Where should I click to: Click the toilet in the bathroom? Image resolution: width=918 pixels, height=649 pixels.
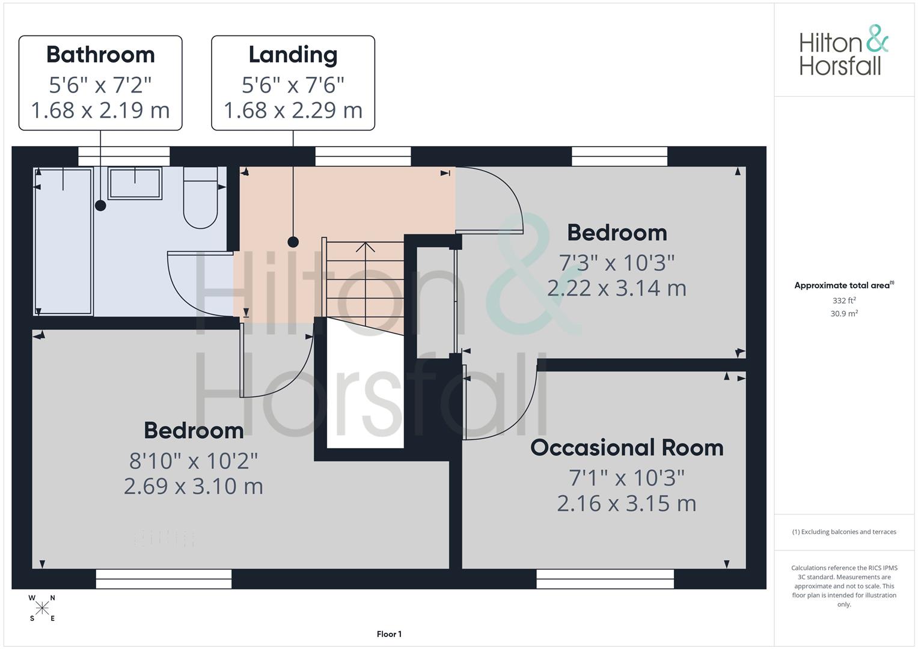click(x=200, y=201)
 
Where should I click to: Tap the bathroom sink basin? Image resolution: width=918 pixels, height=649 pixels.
click(x=135, y=183)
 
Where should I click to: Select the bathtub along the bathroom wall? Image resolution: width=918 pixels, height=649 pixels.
click(x=64, y=240)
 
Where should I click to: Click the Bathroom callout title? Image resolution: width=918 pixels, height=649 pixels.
click(x=100, y=55)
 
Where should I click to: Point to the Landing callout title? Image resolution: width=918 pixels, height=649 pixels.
click(x=293, y=55)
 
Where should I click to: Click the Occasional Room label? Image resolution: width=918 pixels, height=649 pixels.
click(x=626, y=448)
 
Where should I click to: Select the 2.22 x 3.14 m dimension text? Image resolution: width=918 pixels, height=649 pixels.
click(x=616, y=288)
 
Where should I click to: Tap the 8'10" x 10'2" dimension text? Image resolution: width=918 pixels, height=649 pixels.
click(x=194, y=461)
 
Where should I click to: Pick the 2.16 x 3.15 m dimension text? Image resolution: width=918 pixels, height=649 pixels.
click(x=626, y=503)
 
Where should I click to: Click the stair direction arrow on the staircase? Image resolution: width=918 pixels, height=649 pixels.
click(x=365, y=247)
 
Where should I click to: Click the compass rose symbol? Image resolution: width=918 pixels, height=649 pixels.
click(x=42, y=608)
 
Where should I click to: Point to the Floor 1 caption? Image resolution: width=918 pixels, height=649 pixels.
click(x=389, y=634)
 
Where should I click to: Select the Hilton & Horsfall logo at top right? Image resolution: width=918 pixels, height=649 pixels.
click(x=843, y=50)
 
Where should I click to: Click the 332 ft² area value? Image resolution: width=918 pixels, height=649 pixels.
click(x=844, y=300)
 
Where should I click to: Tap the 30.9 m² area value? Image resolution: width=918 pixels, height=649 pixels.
click(x=844, y=313)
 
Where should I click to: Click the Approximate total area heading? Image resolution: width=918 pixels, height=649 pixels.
click(x=844, y=285)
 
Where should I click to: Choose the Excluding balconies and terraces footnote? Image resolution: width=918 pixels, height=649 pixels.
click(x=844, y=532)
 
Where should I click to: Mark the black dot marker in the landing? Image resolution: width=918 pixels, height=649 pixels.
click(x=293, y=242)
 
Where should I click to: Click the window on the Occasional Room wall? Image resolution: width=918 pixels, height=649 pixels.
click(x=605, y=579)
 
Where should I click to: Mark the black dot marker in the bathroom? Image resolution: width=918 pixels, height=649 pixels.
click(x=100, y=206)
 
